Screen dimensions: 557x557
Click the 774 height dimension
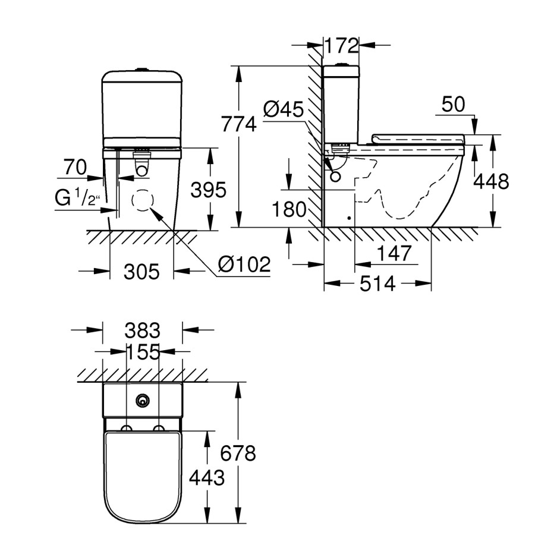tap(238, 124)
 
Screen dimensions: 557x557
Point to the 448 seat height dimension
tap(491, 182)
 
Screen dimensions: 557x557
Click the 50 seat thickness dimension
tap(454, 104)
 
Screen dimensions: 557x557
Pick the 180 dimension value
tap(289, 209)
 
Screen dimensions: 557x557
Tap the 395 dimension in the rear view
tap(208, 190)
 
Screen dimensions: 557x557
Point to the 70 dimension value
tap(75, 168)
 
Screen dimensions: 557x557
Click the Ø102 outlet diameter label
tap(244, 264)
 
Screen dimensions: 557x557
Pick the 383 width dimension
tap(143, 330)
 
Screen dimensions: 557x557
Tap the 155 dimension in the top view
tap(143, 353)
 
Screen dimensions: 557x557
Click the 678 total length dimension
tap(238, 454)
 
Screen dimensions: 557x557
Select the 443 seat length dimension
tap(207, 477)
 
